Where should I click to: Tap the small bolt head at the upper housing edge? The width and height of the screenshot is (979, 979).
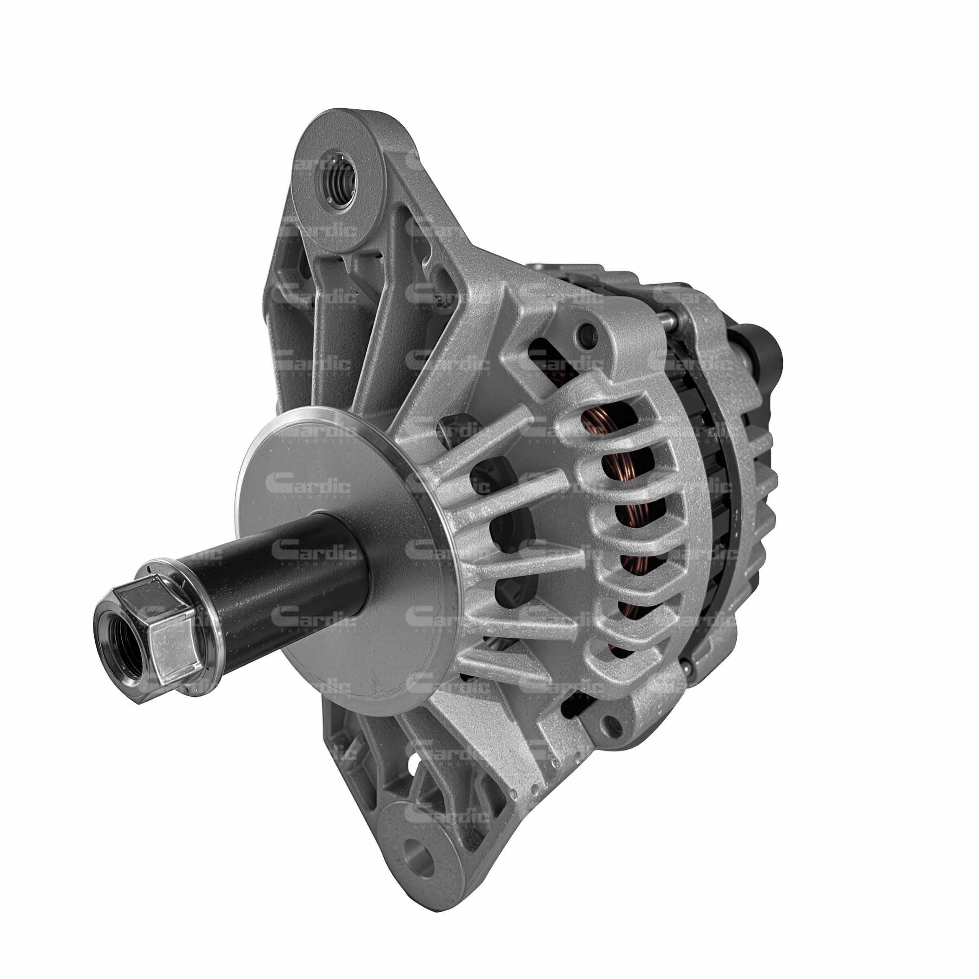tap(589, 334)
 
